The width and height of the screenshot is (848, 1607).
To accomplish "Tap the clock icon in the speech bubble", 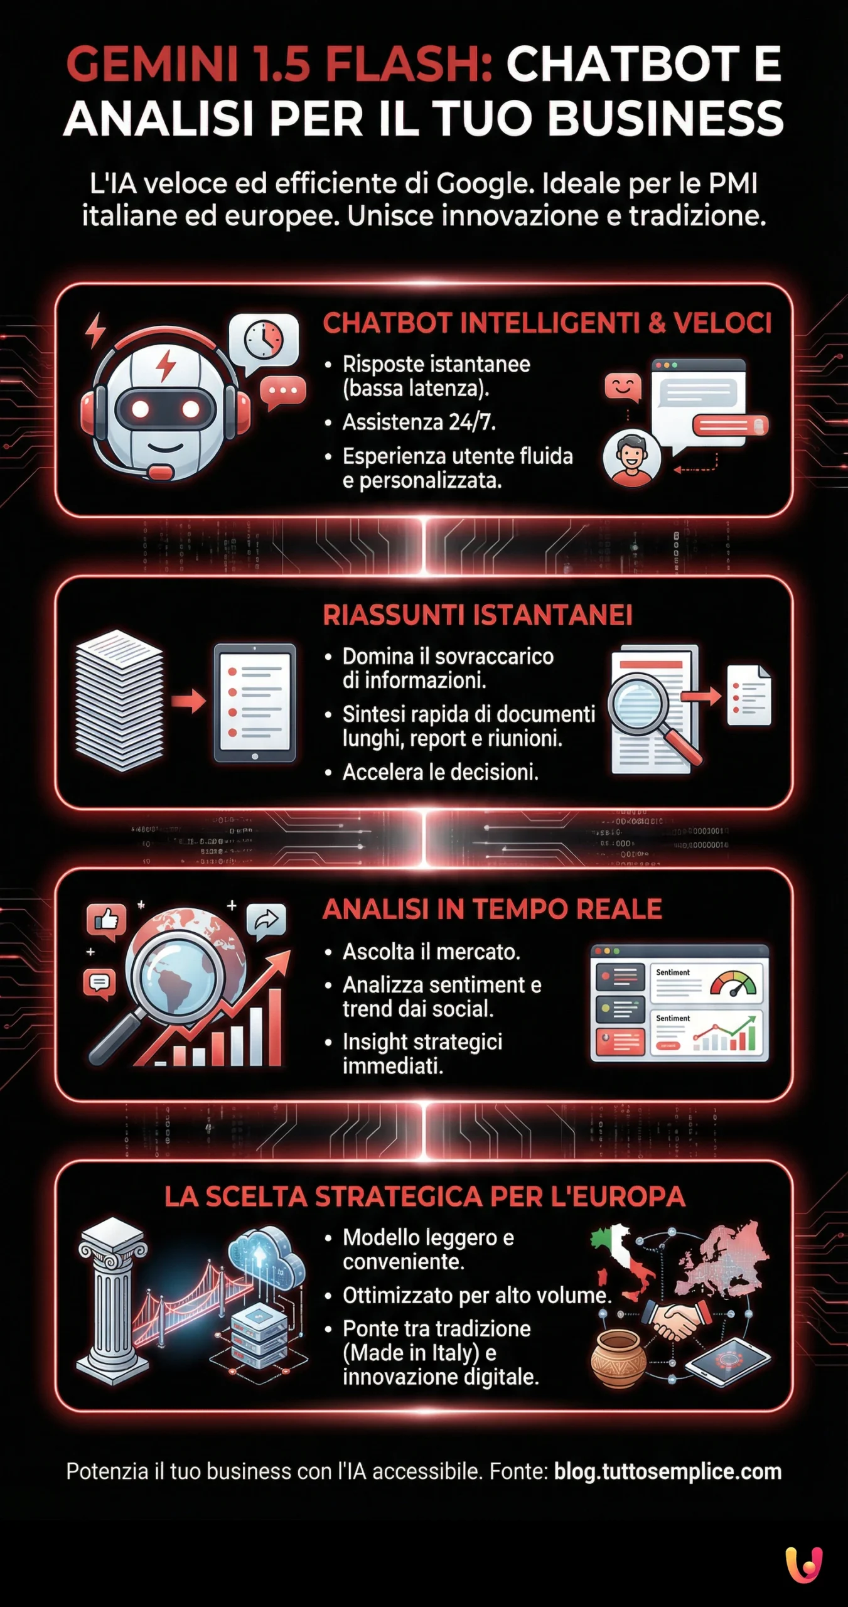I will click(264, 340).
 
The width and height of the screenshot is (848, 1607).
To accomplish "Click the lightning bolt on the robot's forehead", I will click(166, 365).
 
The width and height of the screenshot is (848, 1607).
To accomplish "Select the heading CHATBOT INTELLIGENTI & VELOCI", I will click(547, 323).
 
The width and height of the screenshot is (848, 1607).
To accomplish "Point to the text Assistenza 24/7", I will click(419, 422).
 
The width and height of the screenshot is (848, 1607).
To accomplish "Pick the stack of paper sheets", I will click(119, 699).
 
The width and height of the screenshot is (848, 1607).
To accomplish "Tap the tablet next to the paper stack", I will click(254, 702).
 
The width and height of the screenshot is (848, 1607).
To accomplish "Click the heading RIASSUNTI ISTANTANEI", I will click(477, 615).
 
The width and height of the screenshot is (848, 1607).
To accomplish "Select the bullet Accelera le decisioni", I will click(440, 772).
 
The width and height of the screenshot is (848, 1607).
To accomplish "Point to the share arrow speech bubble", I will click(267, 921).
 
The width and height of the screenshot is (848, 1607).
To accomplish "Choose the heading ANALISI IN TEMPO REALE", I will click(492, 909).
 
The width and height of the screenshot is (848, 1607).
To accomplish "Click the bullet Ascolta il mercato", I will click(431, 952).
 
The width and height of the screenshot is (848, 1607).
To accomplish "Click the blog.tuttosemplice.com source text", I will click(667, 1472).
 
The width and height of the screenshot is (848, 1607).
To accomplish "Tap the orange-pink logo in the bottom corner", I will click(804, 1564).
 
